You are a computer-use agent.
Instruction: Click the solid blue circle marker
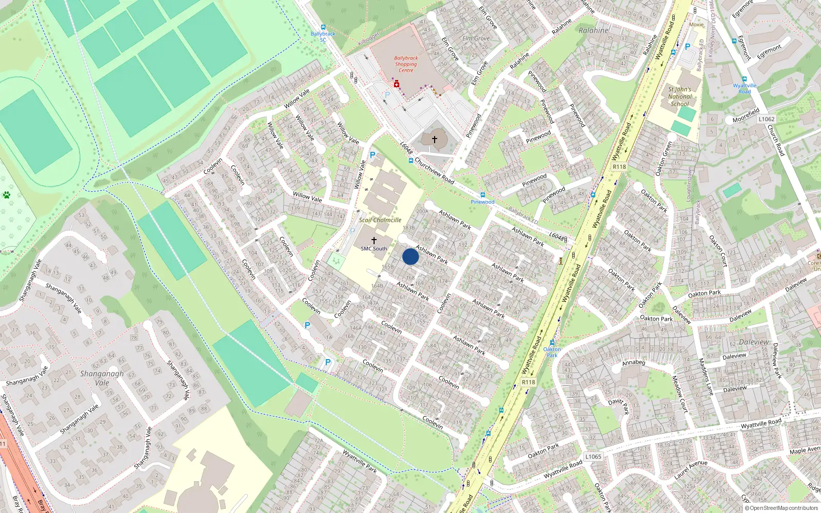click(x=411, y=256)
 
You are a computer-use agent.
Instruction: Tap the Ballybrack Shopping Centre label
click(x=406, y=64)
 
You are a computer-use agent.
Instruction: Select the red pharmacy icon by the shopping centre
click(x=396, y=84)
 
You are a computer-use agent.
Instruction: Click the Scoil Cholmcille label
click(x=380, y=220)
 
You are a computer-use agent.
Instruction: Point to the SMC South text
click(x=374, y=249)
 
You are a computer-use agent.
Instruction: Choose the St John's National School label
click(x=680, y=96)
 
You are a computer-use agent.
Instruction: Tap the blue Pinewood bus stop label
click(x=482, y=202)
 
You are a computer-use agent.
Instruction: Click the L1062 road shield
click(x=766, y=119)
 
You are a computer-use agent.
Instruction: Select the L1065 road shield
click(x=593, y=457)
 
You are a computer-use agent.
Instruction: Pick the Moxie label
click(x=696, y=25)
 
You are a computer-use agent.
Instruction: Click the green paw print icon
click(x=6, y=195)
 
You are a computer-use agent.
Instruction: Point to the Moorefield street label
click(x=746, y=115)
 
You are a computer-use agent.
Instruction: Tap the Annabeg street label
click(x=633, y=363)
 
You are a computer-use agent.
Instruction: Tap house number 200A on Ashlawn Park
click(x=422, y=211)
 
